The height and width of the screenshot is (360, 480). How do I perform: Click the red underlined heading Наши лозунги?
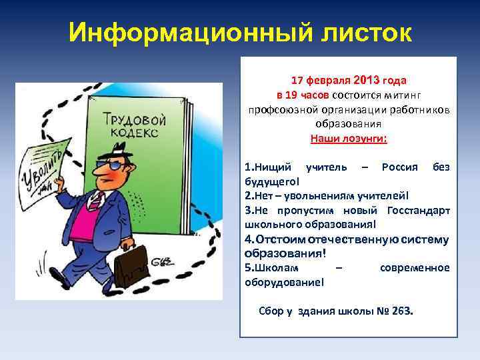tap(348, 139)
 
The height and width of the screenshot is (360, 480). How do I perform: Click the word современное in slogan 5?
tap(414, 268)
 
